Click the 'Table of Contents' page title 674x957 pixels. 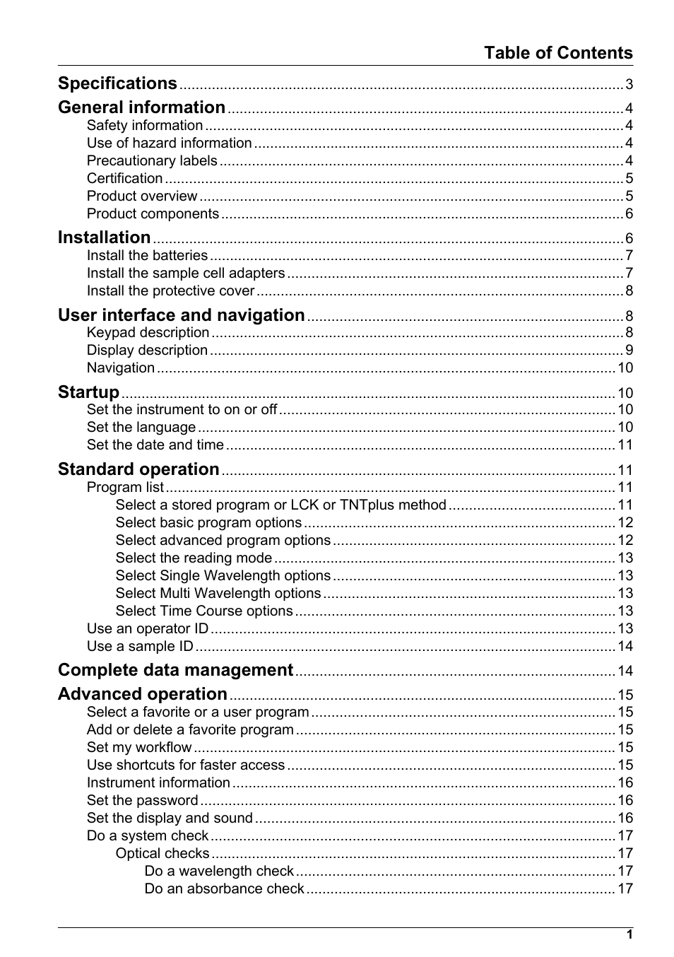click(557, 53)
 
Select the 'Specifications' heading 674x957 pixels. click(117, 83)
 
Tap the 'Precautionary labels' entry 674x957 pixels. click(152, 161)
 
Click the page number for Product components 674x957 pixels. click(629, 214)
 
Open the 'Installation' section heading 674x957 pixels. click(104, 237)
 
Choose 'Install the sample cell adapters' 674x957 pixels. click(186, 274)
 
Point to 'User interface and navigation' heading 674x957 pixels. click(181, 315)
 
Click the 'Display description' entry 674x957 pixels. click(147, 351)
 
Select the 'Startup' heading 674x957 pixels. click(88, 392)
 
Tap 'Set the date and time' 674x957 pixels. click(155, 445)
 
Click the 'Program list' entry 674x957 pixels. click(125, 488)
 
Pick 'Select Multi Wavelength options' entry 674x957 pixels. click(218, 594)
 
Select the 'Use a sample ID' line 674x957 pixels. click(140, 647)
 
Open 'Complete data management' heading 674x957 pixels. click(175, 670)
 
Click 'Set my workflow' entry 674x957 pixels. click(138, 748)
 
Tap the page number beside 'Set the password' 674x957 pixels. click(625, 801)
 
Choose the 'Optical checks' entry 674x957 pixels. click(162, 854)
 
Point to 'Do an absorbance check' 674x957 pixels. click(224, 889)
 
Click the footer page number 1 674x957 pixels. click(629, 935)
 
